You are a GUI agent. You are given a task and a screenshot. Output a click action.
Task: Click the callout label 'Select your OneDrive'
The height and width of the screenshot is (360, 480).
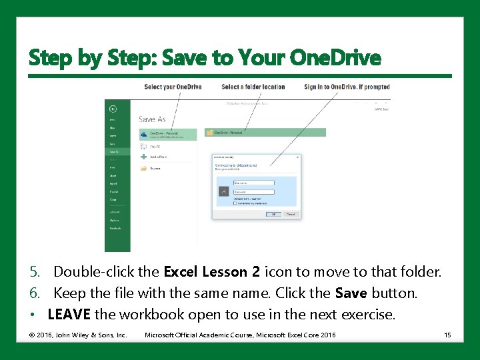(173, 87)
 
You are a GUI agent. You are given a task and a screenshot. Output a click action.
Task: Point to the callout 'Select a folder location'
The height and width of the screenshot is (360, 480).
(253, 87)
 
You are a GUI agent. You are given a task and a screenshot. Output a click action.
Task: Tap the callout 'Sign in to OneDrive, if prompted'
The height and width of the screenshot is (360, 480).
(347, 87)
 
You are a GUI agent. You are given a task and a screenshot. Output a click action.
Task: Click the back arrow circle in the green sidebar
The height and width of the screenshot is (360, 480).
(113, 108)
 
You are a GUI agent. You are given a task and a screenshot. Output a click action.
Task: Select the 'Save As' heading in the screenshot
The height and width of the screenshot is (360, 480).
(152, 119)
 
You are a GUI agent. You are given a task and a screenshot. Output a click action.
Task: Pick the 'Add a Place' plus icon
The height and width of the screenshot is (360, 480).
(143, 157)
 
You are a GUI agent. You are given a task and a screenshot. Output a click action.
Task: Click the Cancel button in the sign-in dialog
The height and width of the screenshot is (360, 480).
(291, 214)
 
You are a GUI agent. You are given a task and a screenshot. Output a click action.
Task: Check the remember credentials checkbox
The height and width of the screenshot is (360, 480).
(235, 203)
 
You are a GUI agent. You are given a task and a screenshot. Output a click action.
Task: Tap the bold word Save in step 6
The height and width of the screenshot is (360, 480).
(351, 293)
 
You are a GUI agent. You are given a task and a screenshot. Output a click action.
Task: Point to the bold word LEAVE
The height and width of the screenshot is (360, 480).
(70, 314)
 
